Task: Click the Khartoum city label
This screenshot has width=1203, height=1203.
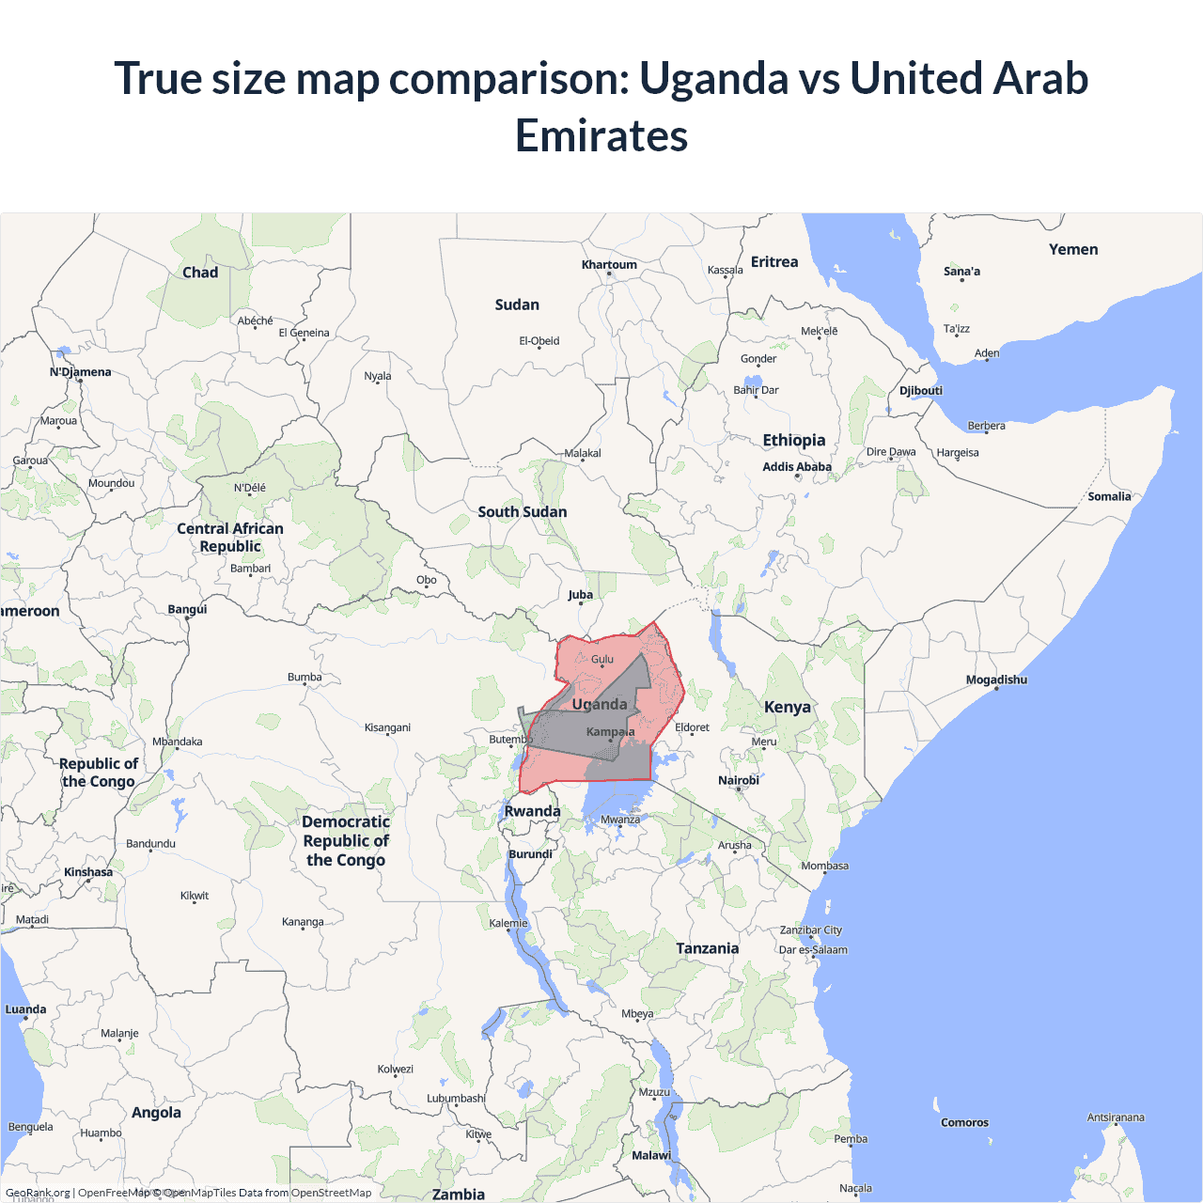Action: tap(609, 264)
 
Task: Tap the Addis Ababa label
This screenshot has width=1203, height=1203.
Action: tap(797, 466)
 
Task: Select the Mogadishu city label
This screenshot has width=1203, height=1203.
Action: tap(996, 680)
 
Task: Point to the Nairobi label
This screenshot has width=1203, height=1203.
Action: tap(738, 780)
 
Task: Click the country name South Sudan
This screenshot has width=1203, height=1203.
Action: tap(522, 511)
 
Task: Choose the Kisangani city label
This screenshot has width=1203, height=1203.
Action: tap(387, 727)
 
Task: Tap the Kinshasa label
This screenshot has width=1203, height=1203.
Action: tap(88, 872)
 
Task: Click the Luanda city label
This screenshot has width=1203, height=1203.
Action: tap(25, 1009)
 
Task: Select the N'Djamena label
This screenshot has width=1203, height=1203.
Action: tap(80, 372)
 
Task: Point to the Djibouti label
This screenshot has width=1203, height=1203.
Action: tap(920, 390)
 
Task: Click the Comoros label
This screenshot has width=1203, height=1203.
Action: tap(964, 1122)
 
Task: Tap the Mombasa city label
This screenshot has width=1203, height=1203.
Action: tap(824, 866)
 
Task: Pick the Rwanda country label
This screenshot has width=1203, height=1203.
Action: tap(532, 811)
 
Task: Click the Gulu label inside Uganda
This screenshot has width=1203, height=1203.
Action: tap(602, 659)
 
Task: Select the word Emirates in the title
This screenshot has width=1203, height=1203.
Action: tap(601, 135)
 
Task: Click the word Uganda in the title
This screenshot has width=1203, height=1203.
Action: tap(713, 78)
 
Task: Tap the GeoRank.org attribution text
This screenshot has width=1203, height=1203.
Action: tap(38, 1193)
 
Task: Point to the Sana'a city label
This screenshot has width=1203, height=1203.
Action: tap(961, 272)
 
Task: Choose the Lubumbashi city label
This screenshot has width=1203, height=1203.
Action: tap(456, 1098)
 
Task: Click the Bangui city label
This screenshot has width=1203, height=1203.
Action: tap(187, 609)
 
